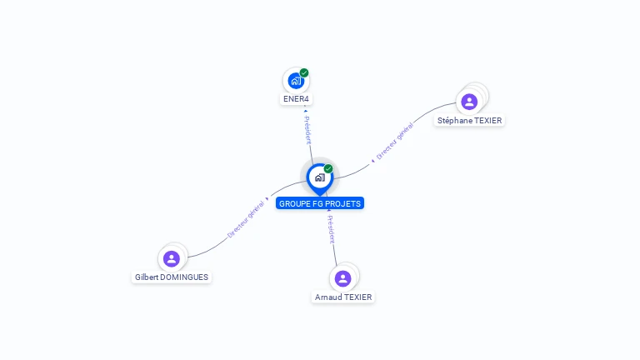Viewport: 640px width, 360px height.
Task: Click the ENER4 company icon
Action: click(x=295, y=81)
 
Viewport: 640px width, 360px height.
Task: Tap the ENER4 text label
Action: click(x=296, y=99)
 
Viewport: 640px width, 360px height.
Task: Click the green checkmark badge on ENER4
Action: click(x=304, y=72)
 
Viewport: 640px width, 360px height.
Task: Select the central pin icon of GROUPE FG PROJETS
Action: click(x=319, y=177)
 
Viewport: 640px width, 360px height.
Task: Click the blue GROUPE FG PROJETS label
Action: click(x=320, y=203)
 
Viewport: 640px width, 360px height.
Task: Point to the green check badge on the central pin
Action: click(x=328, y=168)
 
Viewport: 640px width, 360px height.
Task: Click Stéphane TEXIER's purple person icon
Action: click(x=469, y=102)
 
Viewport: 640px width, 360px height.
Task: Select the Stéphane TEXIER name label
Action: click(x=470, y=121)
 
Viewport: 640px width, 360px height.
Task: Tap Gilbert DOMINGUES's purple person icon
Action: click(x=172, y=258)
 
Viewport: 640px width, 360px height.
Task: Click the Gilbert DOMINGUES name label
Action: click(x=172, y=277)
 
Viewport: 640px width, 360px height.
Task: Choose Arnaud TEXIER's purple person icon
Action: click(x=342, y=278)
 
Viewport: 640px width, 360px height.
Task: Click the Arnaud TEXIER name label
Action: click(x=343, y=297)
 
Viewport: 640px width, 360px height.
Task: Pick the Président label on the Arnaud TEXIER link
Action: click(x=331, y=229)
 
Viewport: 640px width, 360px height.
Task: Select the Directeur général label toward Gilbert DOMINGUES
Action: click(x=245, y=220)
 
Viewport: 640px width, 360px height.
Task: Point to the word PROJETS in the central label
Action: click(x=343, y=203)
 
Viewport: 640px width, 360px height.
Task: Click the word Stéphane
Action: click(x=455, y=121)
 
